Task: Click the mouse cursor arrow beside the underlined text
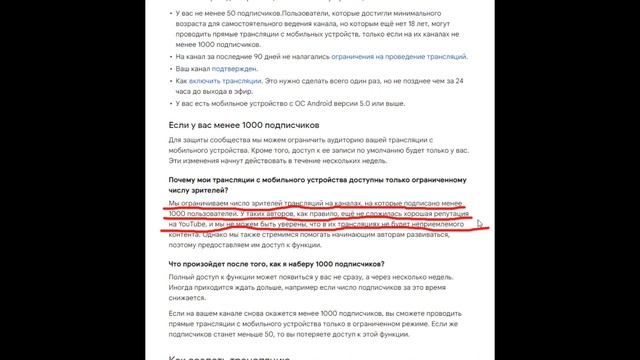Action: [x=480, y=226]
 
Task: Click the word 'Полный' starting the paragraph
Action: [x=183, y=275]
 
